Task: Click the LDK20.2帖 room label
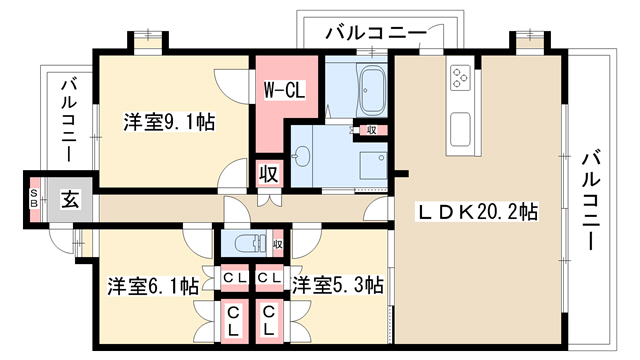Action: coord(476,212)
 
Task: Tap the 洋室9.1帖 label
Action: coord(169,122)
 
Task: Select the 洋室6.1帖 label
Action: coord(153,286)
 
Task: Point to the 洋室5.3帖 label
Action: coord(338,285)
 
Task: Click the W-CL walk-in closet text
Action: coord(284,91)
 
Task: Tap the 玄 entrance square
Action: coord(70,200)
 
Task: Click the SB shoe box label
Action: coord(35,197)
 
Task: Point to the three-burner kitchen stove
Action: coord(460,78)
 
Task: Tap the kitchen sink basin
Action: coord(460,129)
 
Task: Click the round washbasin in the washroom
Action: coord(301,156)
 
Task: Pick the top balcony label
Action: coord(376,32)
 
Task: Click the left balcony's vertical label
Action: coord(69,121)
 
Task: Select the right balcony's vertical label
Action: coord(591,200)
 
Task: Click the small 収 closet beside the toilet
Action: coord(278,244)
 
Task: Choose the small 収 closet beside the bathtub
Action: coord(371,130)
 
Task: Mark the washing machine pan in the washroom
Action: coord(373,165)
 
